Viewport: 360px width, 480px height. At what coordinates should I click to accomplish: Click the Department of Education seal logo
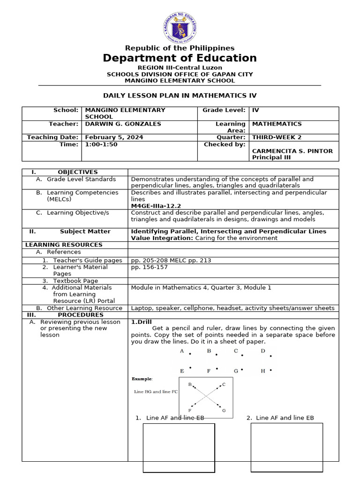click(180, 27)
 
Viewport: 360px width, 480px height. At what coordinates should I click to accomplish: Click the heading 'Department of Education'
click(180, 58)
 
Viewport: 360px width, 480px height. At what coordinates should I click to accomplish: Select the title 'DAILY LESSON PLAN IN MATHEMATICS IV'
click(180, 95)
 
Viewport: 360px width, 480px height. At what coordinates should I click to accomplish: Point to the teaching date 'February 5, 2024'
click(114, 137)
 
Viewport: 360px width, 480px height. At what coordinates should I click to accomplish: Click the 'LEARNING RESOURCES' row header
click(64, 245)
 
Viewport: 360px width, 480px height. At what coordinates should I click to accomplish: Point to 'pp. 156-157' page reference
click(149, 267)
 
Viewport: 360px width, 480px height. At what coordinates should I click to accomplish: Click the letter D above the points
click(263, 351)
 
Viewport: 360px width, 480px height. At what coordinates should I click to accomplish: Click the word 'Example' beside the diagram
click(142, 379)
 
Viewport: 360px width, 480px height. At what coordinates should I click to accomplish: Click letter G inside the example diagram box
click(224, 410)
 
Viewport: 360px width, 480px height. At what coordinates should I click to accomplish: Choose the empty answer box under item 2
click(286, 447)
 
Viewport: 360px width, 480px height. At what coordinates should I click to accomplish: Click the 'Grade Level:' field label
click(224, 110)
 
